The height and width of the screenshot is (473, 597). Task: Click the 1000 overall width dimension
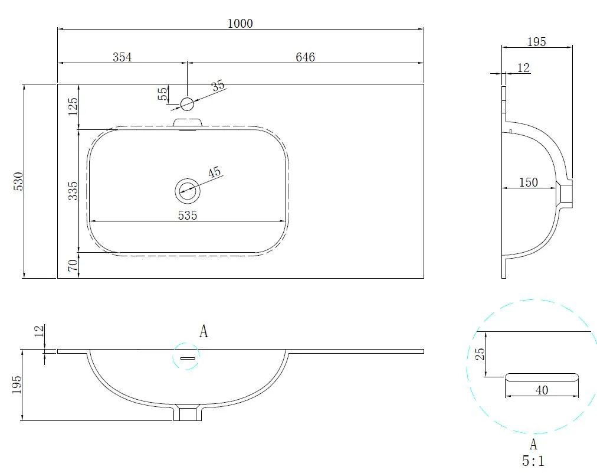240,24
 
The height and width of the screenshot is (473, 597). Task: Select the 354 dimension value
122,57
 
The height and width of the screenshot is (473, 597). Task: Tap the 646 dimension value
306,57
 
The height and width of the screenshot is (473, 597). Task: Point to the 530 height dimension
19,181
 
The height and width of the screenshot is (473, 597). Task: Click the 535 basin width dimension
188,216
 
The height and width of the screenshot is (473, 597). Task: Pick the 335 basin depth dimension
73,191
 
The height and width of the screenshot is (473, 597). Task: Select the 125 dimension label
73,107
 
